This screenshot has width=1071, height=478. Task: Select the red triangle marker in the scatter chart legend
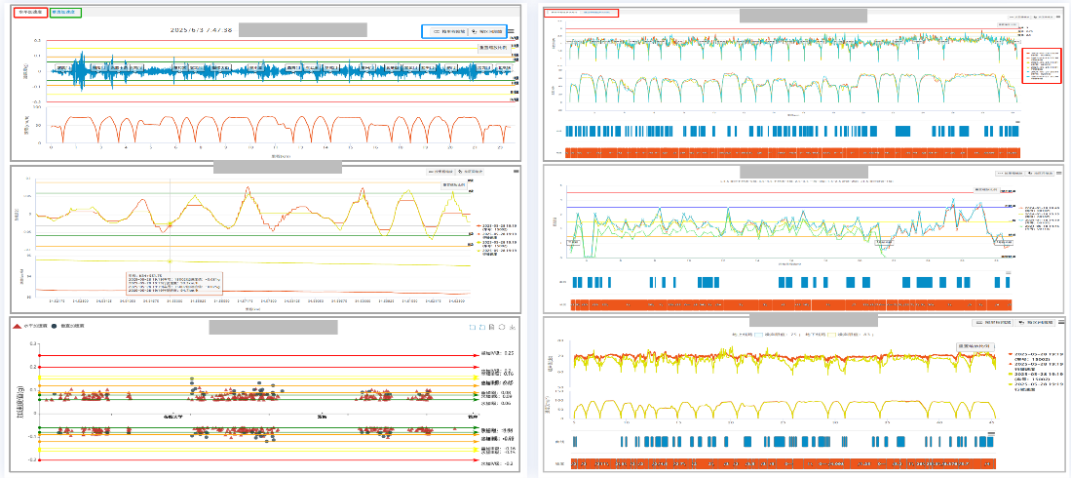tap(19, 325)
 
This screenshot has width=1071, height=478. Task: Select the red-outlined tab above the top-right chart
tap(582, 13)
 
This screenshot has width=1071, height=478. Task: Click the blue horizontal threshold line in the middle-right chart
tap(780, 207)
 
